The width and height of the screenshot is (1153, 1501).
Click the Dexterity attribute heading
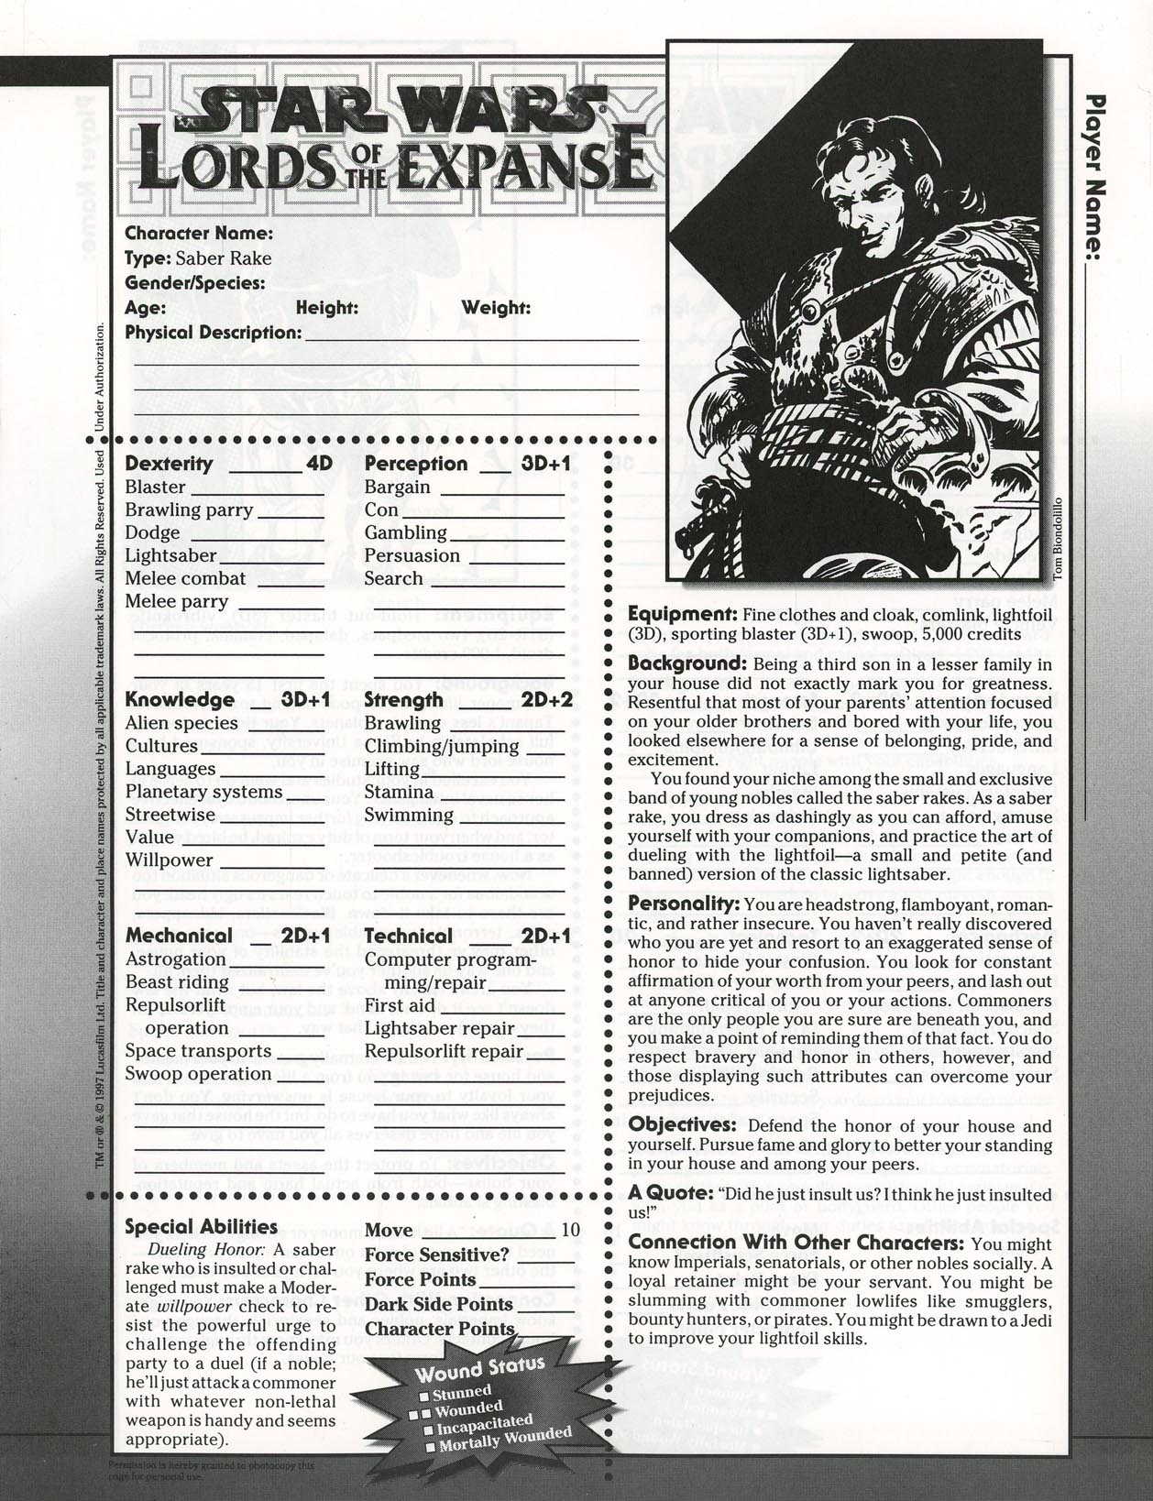(169, 464)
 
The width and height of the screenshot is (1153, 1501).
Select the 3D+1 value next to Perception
(546, 464)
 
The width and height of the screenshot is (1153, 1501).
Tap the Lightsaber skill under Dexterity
(171, 555)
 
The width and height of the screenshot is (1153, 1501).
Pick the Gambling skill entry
(405, 532)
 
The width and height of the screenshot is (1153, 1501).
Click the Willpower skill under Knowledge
(170, 860)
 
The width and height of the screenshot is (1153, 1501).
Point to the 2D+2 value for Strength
(547, 700)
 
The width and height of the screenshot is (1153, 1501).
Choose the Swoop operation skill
(198, 1073)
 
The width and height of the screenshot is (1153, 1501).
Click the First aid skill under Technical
(400, 1004)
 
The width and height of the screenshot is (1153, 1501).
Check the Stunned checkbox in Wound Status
(424, 1397)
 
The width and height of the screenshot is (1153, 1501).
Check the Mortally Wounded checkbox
(430, 1448)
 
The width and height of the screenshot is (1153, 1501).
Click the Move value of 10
(569, 1229)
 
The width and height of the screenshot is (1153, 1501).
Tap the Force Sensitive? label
(436, 1254)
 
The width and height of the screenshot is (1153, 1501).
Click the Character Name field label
(199, 234)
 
